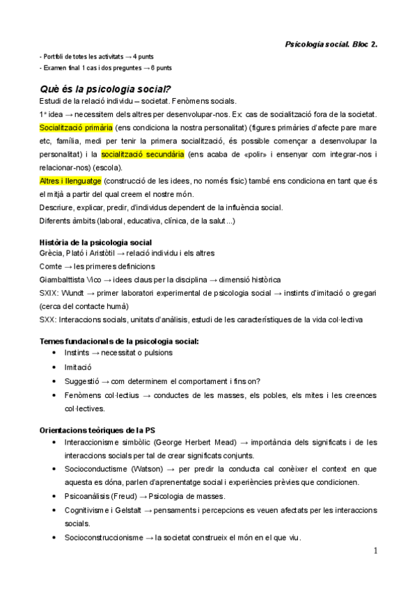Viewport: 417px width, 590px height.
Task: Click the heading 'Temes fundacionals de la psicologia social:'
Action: click(x=119, y=341)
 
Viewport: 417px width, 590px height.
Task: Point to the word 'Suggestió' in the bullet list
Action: click(x=83, y=381)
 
